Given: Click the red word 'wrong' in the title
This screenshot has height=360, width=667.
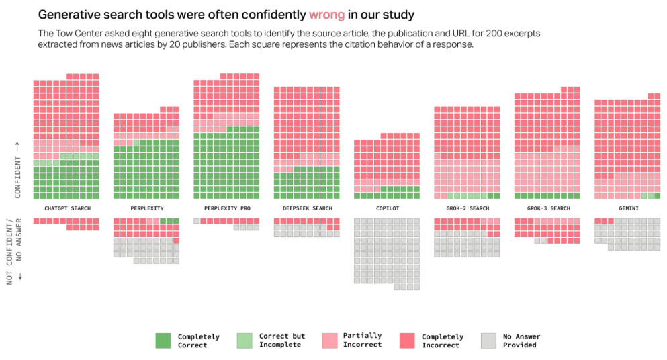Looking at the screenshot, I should (x=326, y=14).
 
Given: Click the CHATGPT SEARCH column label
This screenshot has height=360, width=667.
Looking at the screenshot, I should (x=68, y=208).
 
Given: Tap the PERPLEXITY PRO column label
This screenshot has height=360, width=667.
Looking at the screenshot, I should (x=227, y=208).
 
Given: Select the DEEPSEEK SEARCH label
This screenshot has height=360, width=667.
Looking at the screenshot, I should (x=307, y=208).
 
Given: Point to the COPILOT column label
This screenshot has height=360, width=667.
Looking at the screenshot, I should (x=388, y=208).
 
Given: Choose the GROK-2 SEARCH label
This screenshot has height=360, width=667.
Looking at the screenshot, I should (x=468, y=208).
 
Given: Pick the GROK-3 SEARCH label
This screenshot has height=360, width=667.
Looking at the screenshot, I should (x=548, y=208).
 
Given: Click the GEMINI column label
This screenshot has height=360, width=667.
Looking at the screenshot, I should (x=627, y=208).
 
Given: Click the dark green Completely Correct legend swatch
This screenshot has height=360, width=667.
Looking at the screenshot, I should (x=163, y=341).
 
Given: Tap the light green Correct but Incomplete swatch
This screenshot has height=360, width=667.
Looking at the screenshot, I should (x=244, y=341).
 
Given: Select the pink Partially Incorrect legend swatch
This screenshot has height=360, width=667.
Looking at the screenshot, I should (x=330, y=341).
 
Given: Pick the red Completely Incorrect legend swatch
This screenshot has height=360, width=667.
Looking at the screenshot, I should (x=408, y=341).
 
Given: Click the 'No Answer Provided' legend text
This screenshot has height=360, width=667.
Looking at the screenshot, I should (x=521, y=341).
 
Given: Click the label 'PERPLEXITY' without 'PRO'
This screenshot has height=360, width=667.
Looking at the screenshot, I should (x=147, y=208).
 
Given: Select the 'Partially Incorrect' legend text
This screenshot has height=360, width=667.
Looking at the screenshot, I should (x=362, y=340).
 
